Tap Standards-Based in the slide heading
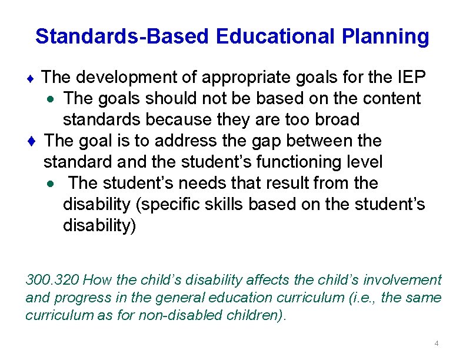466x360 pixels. pos(122,36)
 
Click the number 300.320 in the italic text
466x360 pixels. pos(52,280)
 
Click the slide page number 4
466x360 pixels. pos(436,344)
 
